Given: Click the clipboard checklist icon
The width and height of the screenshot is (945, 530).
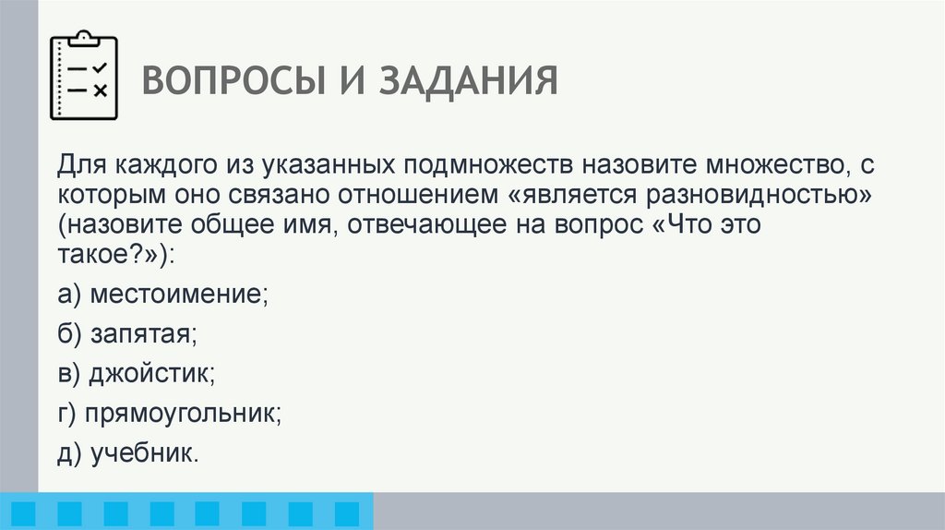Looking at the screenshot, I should (x=85, y=76).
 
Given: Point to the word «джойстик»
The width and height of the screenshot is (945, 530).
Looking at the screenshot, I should (x=152, y=374).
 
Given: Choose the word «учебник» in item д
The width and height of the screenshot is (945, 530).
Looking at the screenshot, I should (x=144, y=453).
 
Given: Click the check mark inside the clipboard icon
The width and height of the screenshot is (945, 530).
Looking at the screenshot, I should (x=100, y=67).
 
